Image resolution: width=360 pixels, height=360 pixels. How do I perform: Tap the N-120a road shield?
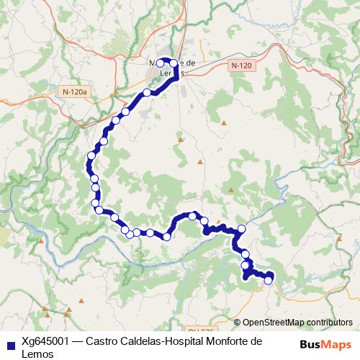coord(74,91)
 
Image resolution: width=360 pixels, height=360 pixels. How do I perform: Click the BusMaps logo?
coord(323,343)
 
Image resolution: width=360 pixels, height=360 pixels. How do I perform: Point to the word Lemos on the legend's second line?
coord(38,354)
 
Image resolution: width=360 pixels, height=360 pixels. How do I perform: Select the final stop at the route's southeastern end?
coord(269,281)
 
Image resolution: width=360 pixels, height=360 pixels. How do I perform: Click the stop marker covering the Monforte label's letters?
coord(161,63)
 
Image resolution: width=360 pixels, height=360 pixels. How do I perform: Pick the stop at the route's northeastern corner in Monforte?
coord(174,63)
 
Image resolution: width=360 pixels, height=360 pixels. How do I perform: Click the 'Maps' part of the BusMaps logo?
coord(333,343)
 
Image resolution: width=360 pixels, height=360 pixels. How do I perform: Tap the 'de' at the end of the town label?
coord(192,63)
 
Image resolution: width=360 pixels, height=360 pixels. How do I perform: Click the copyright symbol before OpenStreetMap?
coord(238,323)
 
